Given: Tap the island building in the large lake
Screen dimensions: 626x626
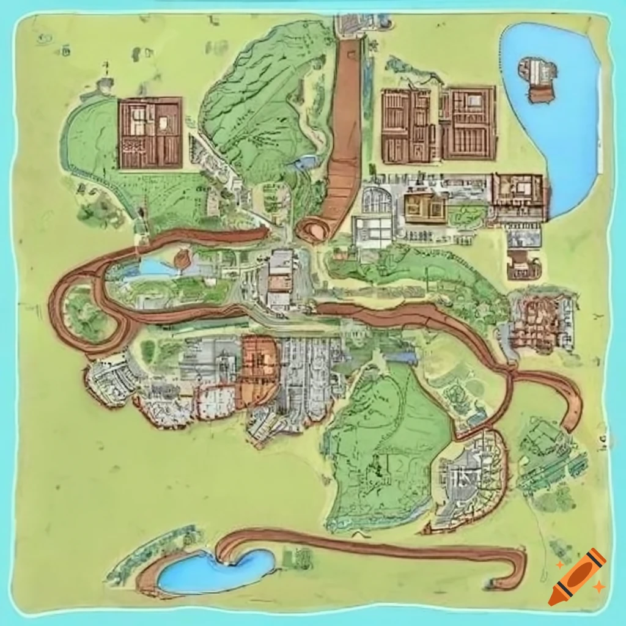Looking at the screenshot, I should point(538,78).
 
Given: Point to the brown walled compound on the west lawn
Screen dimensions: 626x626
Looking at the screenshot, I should point(150,133).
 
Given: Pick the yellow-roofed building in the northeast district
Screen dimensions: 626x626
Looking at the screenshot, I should point(424,208).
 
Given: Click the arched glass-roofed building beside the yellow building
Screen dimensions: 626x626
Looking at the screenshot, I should point(377,201).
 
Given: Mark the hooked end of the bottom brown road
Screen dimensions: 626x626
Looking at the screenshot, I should point(517,569).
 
